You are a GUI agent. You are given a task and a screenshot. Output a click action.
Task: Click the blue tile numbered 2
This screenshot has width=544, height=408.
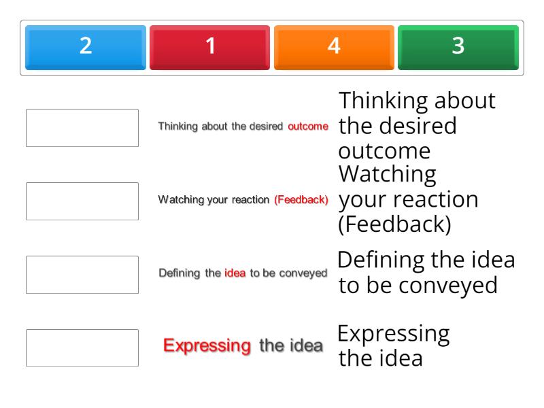coord(86,47)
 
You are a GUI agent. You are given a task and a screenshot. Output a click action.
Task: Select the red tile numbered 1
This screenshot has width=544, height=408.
coord(210,47)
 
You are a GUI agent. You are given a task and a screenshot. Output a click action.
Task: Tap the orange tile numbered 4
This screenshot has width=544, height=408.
coord(334,47)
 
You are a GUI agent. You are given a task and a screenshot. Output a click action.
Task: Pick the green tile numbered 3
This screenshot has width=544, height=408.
coord(458,47)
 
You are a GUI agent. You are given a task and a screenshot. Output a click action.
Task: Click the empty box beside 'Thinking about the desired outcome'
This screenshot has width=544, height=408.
coord(82,128)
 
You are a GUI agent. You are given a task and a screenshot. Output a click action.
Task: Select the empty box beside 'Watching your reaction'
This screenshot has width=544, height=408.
coord(82,201)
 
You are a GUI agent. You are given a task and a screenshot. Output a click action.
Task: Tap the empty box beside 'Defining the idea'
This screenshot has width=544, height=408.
coord(82,275)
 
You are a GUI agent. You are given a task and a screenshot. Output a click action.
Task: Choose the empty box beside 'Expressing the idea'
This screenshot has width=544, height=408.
coord(82,348)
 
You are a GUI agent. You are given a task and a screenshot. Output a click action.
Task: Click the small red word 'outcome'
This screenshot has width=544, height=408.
coord(308,126)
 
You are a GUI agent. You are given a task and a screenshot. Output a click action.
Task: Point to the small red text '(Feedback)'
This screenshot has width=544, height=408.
coord(301,200)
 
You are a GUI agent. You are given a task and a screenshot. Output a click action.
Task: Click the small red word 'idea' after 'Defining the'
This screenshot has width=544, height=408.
coord(235,273)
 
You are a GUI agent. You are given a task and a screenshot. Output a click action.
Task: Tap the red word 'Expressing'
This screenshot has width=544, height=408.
coord(207,346)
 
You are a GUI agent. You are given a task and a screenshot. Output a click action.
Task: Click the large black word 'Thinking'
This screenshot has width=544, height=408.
coord(383,101)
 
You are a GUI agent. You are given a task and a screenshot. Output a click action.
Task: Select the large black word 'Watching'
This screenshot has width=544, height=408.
coord(387,175)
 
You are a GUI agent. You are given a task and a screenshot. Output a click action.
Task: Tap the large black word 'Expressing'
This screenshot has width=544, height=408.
coord(393,334)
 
